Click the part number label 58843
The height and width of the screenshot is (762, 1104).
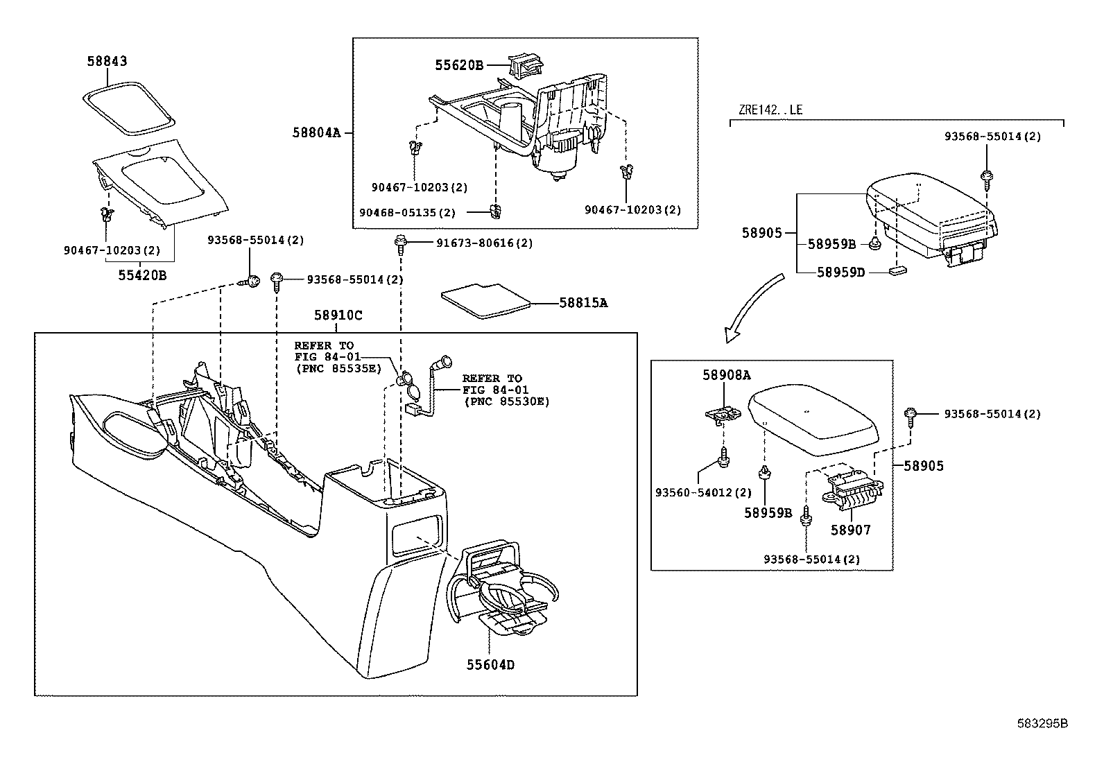click(x=107, y=61)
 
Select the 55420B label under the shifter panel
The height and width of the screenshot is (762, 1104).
click(x=142, y=275)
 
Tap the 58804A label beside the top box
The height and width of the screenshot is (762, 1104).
click(x=316, y=131)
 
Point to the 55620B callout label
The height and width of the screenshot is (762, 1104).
click(x=458, y=65)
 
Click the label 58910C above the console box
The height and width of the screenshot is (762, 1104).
click(x=338, y=315)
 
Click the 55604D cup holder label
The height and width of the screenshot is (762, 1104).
click(x=490, y=665)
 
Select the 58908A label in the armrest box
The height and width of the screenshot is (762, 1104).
click(x=726, y=375)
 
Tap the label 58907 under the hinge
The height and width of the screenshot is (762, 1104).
click(x=850, y=530)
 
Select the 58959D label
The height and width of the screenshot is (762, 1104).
click(x=840, y=272)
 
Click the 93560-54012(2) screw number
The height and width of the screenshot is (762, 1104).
click(x=703, y=492)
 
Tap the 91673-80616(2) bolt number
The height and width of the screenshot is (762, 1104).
click(x=484, y=243)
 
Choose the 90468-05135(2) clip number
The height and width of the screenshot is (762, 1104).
click(x=407, y=212)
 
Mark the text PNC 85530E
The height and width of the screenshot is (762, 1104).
click(x=506, y=401)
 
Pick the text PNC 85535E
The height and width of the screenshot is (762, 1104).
click(x=338, y=367)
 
